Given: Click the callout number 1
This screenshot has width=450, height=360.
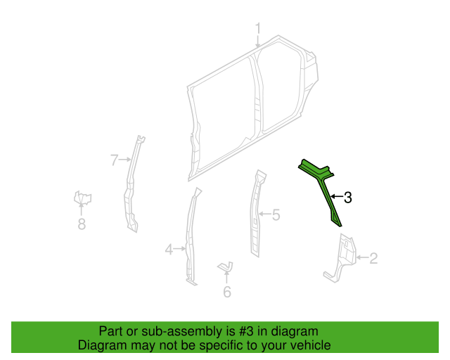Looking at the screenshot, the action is coord(258,29).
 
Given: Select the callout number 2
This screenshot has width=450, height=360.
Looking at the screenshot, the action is coord(373,258).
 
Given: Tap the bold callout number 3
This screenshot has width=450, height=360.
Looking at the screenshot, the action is coord(348,198).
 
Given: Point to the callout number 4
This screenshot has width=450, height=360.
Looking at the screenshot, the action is coord(169,249).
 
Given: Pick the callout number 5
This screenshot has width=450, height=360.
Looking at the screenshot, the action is coord(276,214).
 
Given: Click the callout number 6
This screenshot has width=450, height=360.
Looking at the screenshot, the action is coord(227,292).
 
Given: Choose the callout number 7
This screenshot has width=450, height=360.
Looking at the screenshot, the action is coord(115,160).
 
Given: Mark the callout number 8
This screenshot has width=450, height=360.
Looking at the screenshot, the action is coord(82,224).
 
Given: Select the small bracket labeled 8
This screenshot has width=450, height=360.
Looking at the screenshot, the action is coord(82,198).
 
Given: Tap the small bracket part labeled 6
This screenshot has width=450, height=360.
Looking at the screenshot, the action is coord(226,266).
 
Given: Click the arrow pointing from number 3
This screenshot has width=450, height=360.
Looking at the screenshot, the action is coord(337,197).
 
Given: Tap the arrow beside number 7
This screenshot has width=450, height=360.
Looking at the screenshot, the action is coord(125,160).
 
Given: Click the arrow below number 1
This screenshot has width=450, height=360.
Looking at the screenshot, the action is coord(258,41).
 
